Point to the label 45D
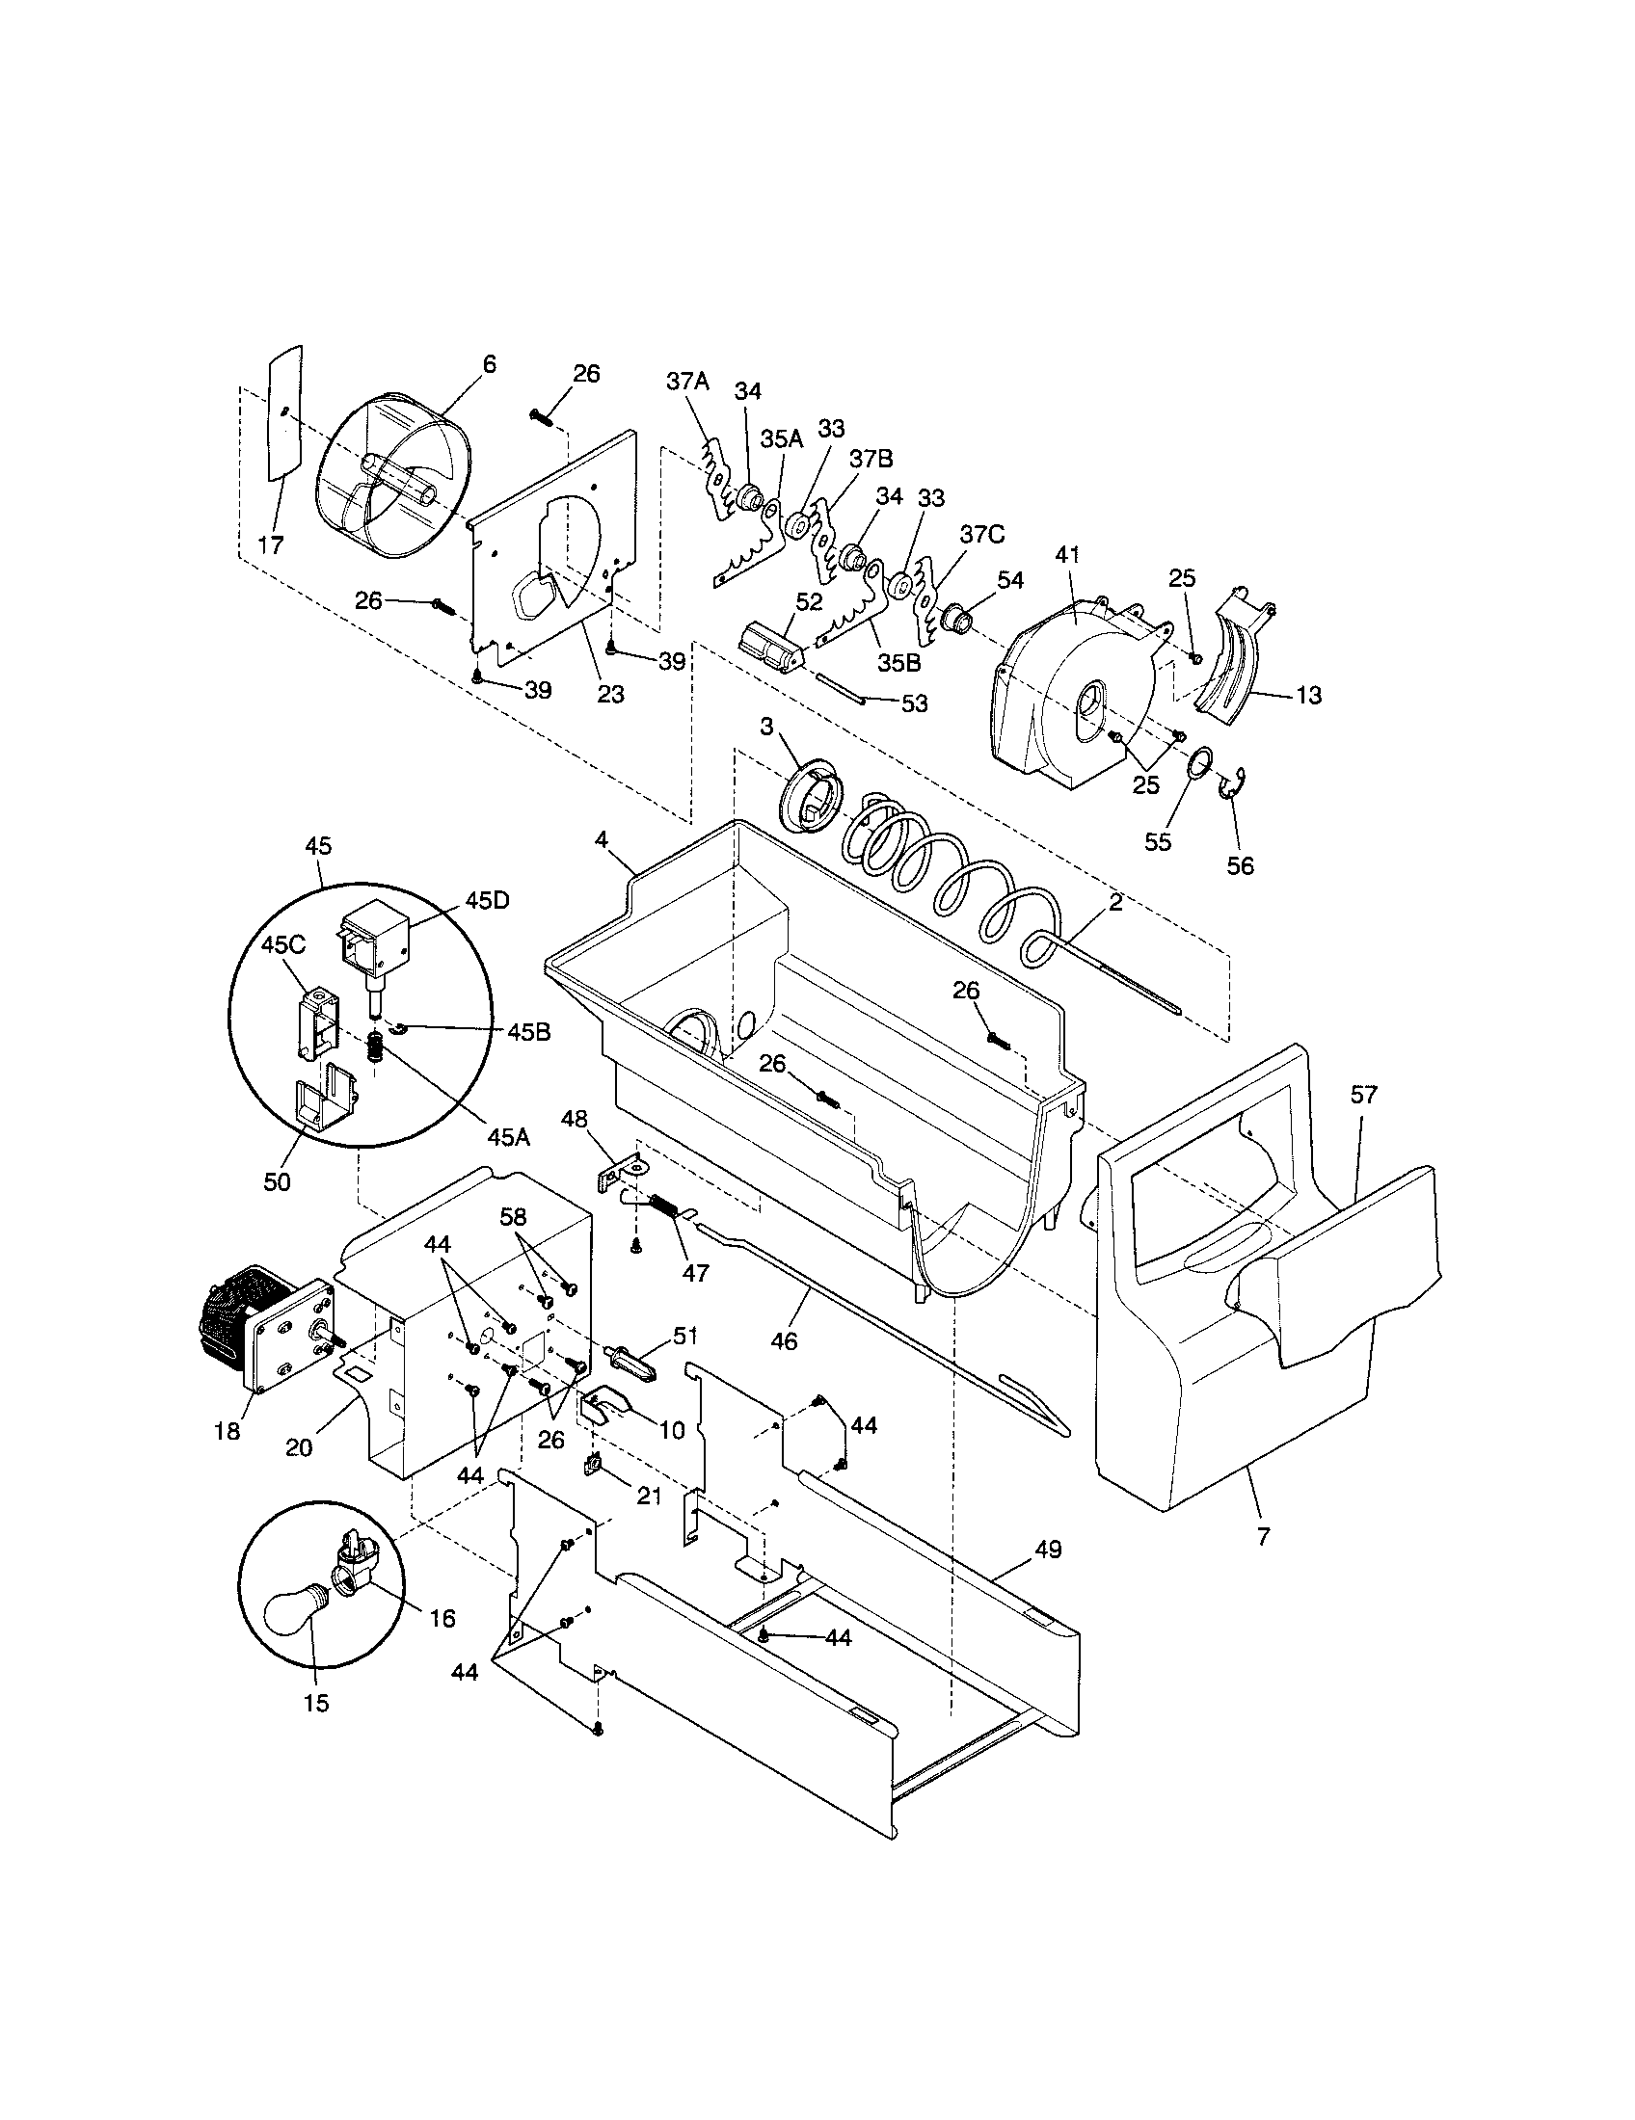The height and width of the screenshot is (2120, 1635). (486, 900)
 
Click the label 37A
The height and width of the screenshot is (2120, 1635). (687, 382)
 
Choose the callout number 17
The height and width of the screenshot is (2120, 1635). (272, 544)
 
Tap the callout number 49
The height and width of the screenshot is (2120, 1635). (1048, 1550)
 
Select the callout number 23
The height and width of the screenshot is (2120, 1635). (610, 694)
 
